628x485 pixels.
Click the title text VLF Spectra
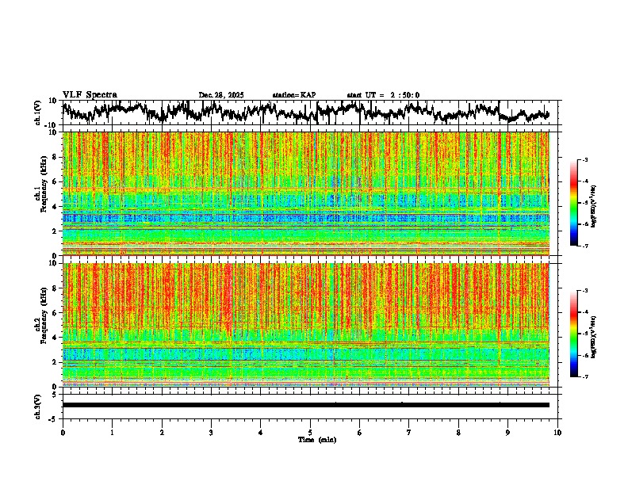pyautogui.click(x=90, y=95)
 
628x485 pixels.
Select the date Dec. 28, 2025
pyautogui.click(x=221, y=95)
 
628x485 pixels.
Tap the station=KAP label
pyautogui.click(x=294, y=95)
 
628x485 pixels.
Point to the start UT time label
pyautogui.click(x=383, y=95)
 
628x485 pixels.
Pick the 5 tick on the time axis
pyautogui.click(x=310, y=433)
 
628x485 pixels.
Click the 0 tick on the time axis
pyautogui.click(x=63, y=433)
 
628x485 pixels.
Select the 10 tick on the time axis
pyautogui.click(x=557, y=433)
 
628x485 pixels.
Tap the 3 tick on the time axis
pyautogui.click(x=211, y=433)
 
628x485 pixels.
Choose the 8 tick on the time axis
pyautogui.click(x=458, y=433)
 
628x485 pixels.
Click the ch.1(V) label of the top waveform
pyautogui.click(x=38, y=113)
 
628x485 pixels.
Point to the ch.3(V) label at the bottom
pyautogui.click(x=38, y=405)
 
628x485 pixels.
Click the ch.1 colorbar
pyautogui.click(x=580, y=203)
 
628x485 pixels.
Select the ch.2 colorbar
pyautogui.click(x=580, y=334)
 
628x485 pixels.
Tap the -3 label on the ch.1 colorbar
pyautogui.click(x=584, y=160)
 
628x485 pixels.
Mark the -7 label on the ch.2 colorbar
pyautogui.click(x=584, y=377)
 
